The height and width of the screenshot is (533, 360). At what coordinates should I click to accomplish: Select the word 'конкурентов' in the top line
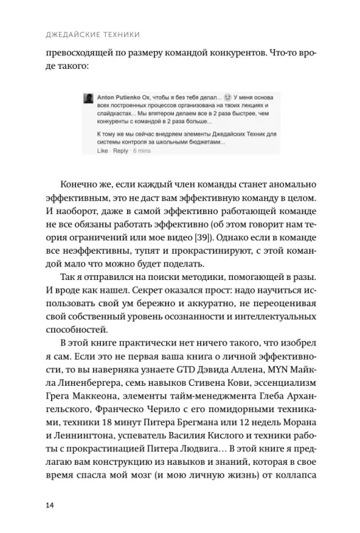tap(236, 52)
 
